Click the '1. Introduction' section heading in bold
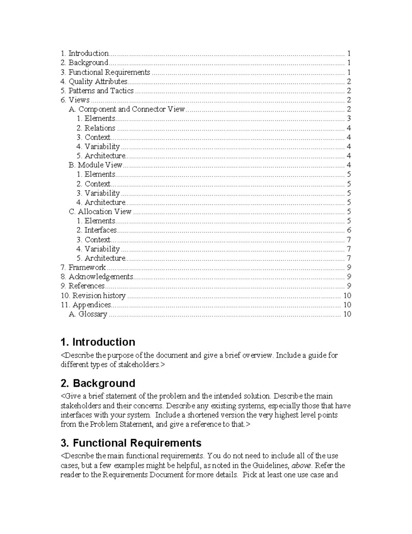pyautogui.click(x=98, y=342)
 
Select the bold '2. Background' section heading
pyautogui.click(x=98, y=383)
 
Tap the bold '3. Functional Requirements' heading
pyautogui.click(x=131, y=443)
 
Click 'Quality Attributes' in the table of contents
pyautogui.click(x=94, y=81)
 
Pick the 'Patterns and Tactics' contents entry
pyautogui.click(x=97, y=91)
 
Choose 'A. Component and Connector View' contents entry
pyautogui.click(x=127, y=109)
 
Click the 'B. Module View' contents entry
pyautogui.click(x=95, y=165)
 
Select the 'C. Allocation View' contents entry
pyautogui.click(x=100, y=211)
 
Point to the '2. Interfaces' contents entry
pyautogui.click(x=96, y=230)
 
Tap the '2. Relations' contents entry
pyautogui.click(x=96, y=128)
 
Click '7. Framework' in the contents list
pyautogui.click(x=83, y=267)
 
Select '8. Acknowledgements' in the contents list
pyautogui.click(x=97, y=276)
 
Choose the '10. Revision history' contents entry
pyautogui.click(x=93, y=295)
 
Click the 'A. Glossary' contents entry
pyautogui.click(x=88, y=314)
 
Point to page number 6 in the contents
pyautogui.click(x=349, y=230)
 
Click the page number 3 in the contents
pyautogui.click(x=349, y=119)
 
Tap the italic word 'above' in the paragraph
pyautogui.click(x=301, y=466)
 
